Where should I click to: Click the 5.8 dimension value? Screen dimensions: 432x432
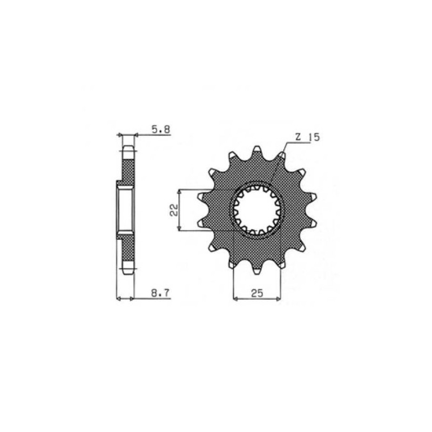coord(161,129)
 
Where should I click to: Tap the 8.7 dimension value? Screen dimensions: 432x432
coord(161,293)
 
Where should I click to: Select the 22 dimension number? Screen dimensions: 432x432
coord(174,210)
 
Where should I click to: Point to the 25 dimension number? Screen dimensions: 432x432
coord(257,293)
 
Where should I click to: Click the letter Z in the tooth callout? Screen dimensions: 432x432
coord(298,137)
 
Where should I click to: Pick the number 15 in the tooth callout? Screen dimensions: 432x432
coord(314,137)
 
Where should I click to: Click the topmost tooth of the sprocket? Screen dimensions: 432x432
coord(257,151)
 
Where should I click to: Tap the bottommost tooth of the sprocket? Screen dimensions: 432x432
coord(257,269)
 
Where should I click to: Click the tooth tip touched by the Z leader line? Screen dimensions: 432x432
coord(281,155)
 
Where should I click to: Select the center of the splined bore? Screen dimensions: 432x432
coord(257,211)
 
